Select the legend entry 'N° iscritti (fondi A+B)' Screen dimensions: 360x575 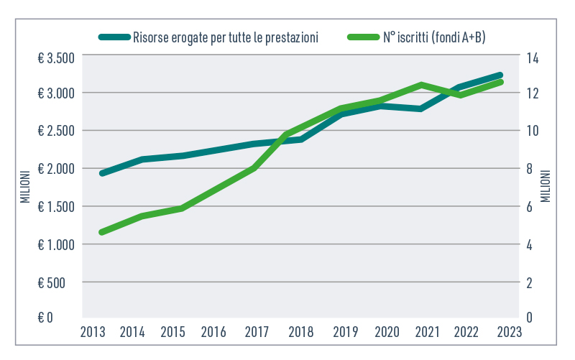pos(433,37)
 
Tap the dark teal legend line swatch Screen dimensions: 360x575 pos(114,37)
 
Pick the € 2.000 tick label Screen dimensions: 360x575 pos(55,169)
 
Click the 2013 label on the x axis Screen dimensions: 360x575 pos(93,332)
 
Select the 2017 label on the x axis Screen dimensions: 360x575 pos(257,332)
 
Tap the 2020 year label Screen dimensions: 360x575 pos(387,332)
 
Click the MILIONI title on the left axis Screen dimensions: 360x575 pos(24,185)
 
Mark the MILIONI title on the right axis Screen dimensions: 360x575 pos(546,185)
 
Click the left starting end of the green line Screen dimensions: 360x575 pos(102,232)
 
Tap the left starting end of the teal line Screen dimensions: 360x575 pos(102,173)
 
